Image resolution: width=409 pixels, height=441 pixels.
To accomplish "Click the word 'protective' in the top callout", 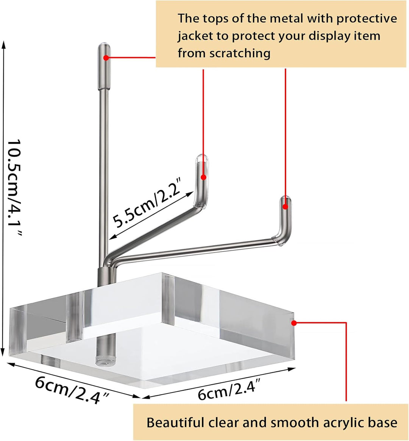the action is coord(367,19).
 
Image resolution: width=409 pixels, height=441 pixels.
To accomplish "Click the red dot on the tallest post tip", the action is coord(106,58).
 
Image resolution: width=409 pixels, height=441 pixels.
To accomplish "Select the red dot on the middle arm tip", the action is coord(203,177).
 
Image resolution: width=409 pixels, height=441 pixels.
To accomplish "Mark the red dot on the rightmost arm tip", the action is coord(285,207).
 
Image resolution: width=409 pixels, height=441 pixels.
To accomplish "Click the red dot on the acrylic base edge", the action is coord(294,323).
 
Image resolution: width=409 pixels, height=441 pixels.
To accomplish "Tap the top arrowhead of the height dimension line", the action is coord(3,42).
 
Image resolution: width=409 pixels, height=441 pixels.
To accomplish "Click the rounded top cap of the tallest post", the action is coord(104,45).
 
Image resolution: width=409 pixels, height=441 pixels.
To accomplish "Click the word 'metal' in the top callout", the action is coord(286,19).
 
